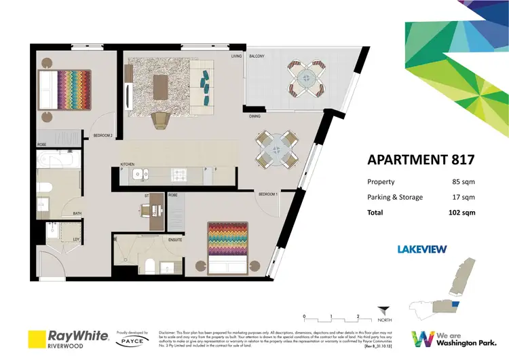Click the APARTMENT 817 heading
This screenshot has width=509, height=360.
(420, 161)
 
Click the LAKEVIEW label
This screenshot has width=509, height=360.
(421, 249)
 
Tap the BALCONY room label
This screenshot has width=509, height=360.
(257, 56)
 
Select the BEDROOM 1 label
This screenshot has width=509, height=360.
(267, 194)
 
